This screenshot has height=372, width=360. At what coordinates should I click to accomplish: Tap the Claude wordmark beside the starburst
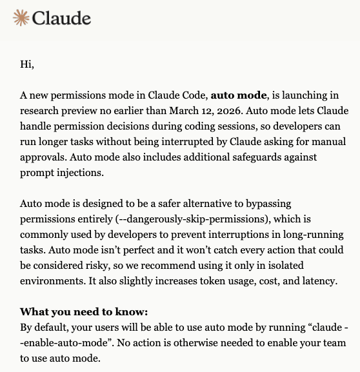pos(61,17)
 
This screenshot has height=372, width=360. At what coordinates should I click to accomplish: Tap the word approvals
pos(45,157)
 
